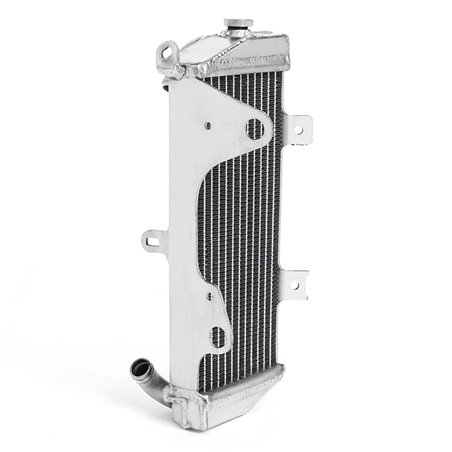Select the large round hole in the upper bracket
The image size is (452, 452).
pyautogui.click(x=256, y=128)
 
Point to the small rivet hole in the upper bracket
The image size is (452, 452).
pyautogui.click(x=208, y=126)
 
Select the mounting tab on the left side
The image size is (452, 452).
pyautogui.click(x=154, y=241)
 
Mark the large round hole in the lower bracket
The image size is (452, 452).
pyautogui.click(x=218, y=336)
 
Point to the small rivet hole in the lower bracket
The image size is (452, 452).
pyautogui.click(x=209, y=297)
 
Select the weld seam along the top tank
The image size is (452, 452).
pyautogui.click(x=247, y=63)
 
